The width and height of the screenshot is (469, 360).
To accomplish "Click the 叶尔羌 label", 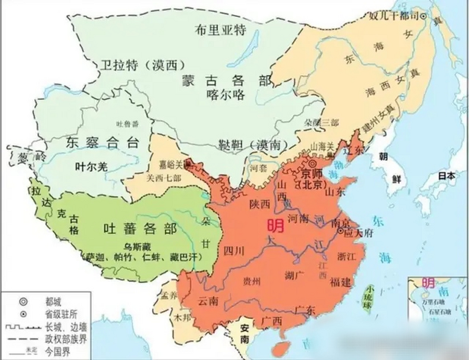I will (x=91, y=167).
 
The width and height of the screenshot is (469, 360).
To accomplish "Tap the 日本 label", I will (x=447, y=176).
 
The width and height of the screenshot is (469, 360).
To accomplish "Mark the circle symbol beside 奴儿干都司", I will (x=423, y=17).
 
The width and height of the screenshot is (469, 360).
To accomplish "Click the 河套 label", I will (x=258, y=168).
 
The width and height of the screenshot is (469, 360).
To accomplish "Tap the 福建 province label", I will (x=341, y=282).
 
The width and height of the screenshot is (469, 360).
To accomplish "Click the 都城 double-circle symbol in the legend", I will (x=23, y=302).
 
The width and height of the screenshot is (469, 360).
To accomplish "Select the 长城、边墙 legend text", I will (x=66, y=327).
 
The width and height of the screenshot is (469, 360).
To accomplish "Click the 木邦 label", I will (x=182, y=318).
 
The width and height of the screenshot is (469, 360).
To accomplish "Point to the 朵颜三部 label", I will (x=321, y=122).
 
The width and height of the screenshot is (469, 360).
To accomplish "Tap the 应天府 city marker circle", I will (x=341, y=231).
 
